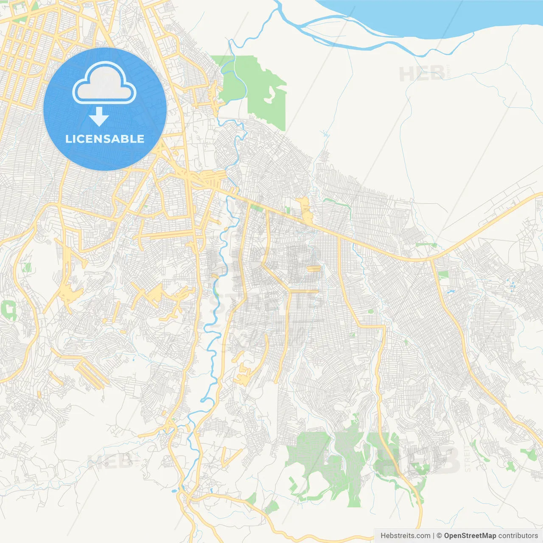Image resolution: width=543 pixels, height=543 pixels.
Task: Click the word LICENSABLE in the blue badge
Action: coord(105,139)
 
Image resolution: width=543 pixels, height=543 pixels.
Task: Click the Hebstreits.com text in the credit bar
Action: coord(406,536)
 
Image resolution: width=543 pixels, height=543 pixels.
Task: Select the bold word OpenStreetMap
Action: coord(470,536)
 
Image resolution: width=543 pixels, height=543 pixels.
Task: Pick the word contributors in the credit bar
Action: coord(518,536)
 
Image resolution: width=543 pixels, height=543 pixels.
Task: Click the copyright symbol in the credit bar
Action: coord(439,536)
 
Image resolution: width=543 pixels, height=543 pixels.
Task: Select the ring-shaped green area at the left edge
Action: coord(9,310)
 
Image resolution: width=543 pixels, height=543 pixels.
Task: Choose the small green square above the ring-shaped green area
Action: coord(28,267)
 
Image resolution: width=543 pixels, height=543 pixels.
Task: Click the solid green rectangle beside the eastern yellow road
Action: coord(443,275)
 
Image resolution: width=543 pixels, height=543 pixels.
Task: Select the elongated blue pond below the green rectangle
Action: coord(450,292)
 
